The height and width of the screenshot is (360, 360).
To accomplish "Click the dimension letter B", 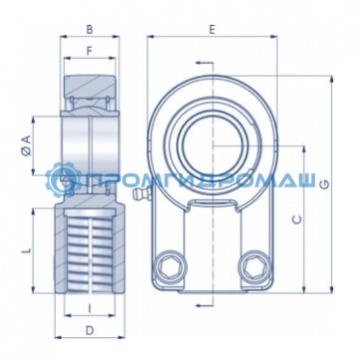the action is tap(90, 30).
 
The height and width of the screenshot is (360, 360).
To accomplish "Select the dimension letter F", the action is tap(90, 51).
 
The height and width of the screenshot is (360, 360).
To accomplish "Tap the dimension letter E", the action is tap(212, 30).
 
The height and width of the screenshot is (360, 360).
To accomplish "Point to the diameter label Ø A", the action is tap(27, 146).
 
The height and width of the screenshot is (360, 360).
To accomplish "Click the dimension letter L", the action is tap(27, 250).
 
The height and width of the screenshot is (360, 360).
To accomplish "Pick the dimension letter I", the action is tap(90, 308).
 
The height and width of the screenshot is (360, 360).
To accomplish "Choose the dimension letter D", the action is tap(90, 330).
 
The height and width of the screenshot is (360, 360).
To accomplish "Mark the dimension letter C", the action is tap(297, 219).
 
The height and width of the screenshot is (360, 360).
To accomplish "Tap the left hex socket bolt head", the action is tap(170, 267).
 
